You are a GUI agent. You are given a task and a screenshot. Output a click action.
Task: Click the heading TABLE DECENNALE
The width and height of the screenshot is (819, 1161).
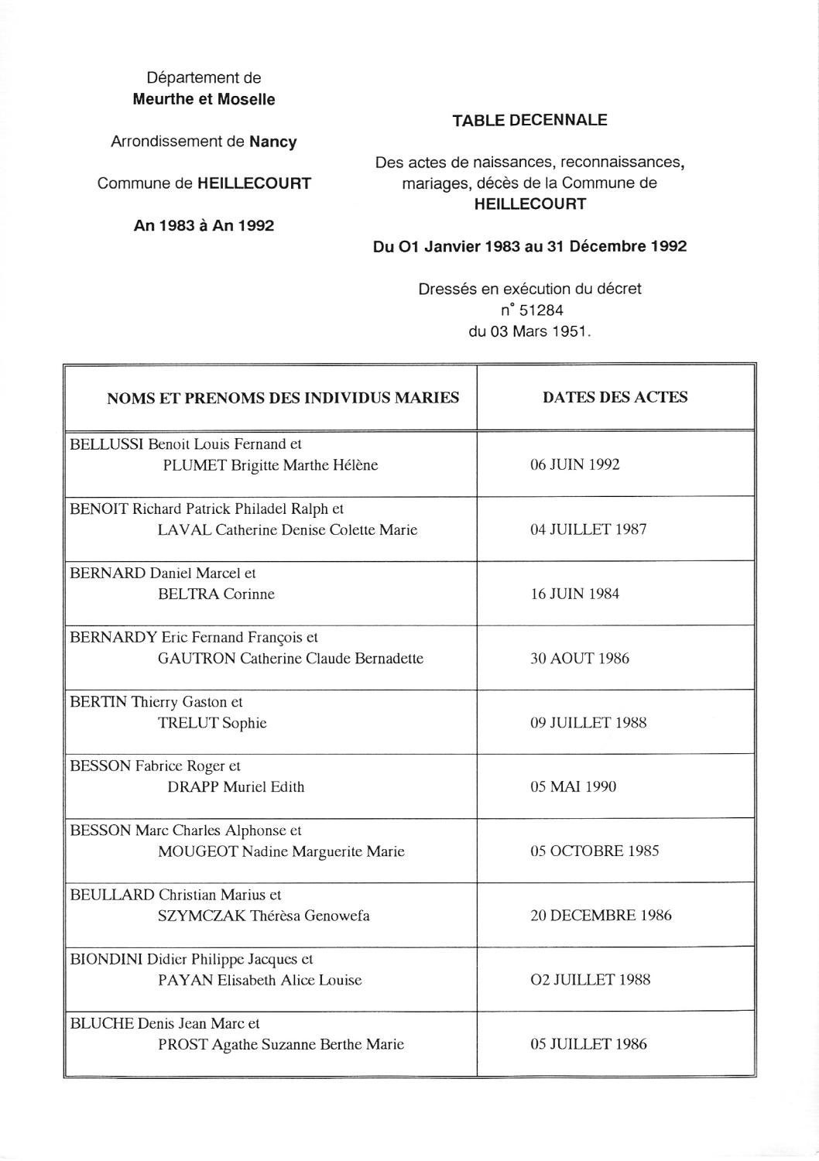(529, 120)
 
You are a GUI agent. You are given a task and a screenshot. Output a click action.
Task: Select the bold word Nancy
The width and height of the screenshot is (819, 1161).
(273, 142)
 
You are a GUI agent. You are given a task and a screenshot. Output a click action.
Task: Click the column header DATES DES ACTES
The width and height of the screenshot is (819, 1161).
(615, 397)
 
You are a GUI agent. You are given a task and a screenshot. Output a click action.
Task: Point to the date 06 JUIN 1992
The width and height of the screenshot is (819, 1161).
(574, 465)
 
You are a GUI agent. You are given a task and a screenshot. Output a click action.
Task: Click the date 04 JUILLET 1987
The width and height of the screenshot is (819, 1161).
(588, 530)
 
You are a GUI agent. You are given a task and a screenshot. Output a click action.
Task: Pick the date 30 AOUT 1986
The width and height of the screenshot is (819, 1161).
(580, 659)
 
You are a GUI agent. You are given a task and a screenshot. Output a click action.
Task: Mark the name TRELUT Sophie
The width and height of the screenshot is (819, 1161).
(212, 723)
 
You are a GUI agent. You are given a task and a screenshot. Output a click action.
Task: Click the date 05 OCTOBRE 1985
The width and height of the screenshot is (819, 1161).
(595, 851)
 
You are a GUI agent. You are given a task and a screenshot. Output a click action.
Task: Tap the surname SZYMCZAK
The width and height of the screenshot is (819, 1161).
(201, 916)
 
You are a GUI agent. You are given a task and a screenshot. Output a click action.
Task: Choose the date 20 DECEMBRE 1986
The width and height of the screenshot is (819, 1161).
(601, 916)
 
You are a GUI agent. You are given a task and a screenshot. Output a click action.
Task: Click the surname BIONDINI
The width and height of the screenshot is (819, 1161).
(106, 960)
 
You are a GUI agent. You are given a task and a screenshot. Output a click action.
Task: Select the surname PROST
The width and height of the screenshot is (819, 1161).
(183, 1044)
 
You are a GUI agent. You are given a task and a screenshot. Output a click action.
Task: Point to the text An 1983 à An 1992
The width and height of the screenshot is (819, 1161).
(204, 226)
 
